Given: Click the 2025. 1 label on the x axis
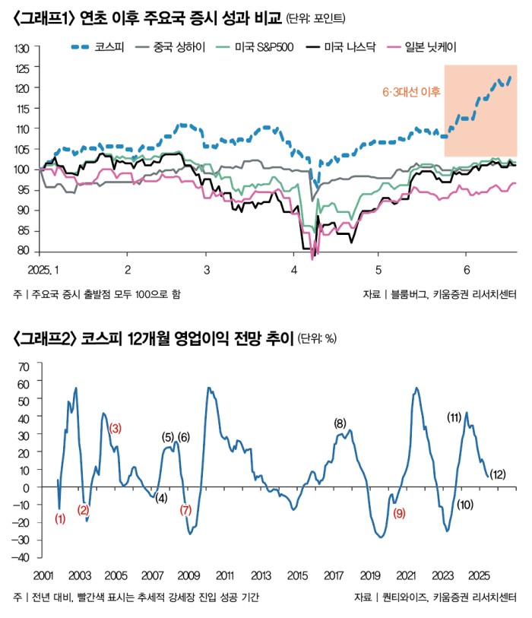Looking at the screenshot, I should (43, 269).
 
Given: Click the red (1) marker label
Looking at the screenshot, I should (61, 519).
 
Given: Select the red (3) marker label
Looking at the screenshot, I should (115, 428).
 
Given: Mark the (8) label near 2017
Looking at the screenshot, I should (340, 423).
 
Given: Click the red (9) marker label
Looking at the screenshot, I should (400, 513).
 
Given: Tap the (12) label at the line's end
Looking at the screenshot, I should (498, 475).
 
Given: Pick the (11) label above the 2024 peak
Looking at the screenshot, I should (454, 417).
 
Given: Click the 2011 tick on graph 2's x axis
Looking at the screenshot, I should (224, 575).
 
